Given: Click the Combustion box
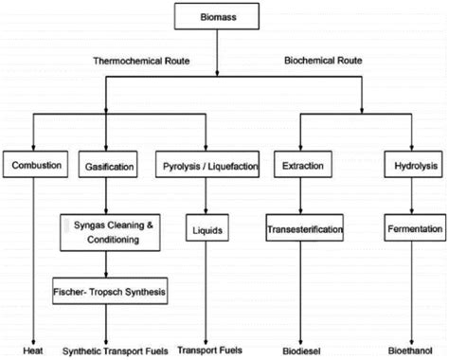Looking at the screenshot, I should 36,166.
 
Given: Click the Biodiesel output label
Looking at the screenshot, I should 296,348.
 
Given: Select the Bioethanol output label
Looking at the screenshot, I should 407,348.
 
